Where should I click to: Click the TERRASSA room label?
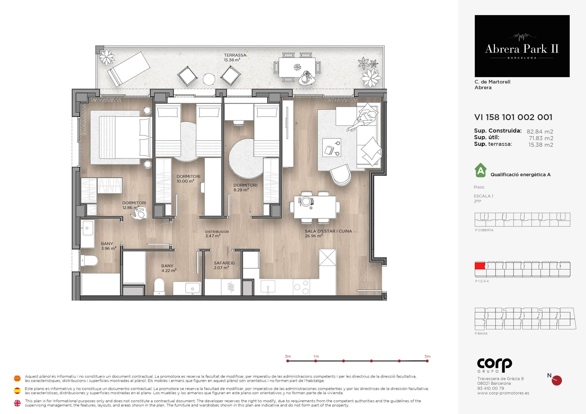235,55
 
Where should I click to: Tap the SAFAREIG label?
224,263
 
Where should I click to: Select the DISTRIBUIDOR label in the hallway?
217,232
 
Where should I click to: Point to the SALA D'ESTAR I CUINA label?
328,231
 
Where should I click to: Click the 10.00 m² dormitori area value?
186,181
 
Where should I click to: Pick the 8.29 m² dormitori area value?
241,190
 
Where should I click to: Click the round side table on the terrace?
209,79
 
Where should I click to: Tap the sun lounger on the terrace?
129,69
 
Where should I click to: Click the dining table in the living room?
315,207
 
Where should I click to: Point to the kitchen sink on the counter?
268,287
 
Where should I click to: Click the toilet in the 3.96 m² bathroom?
89,261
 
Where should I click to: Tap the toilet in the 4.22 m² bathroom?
159,286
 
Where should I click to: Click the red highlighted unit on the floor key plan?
480,266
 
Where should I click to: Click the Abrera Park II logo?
522,46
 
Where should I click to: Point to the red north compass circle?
557,381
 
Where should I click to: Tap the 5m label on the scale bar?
428,356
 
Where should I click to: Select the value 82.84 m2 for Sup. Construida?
540,132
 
